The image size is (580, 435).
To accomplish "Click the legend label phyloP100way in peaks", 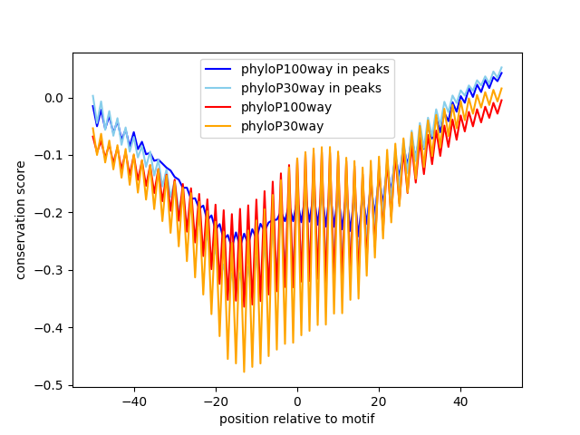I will pos(315,70).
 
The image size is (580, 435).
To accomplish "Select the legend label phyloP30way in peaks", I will pos(311,88).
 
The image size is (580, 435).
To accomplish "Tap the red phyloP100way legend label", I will pos(286,107).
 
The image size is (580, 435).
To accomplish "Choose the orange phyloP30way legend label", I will pos(282,126).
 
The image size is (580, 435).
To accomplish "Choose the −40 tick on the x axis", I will pos(134,401).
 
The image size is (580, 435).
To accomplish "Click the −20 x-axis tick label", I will pos(216,401).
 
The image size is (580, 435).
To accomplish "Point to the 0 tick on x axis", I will pos(297,401).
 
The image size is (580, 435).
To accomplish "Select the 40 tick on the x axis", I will pos(460,401).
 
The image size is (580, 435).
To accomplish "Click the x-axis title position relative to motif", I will pos(297,419).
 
